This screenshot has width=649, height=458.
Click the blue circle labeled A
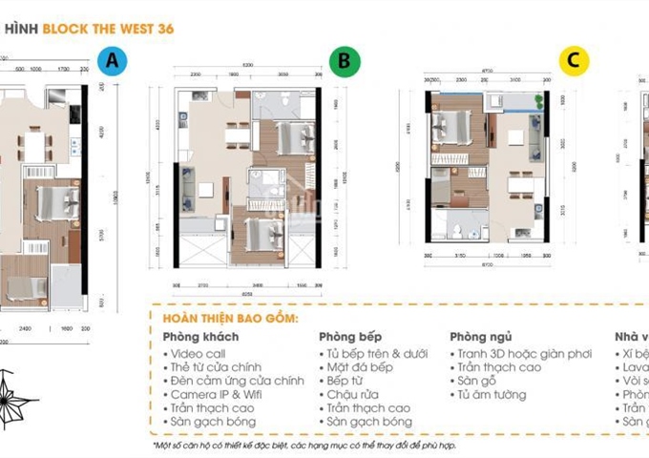tap(113, 62)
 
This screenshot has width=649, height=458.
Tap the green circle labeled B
tap(345, 62)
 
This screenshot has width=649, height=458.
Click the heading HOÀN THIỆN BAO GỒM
tap(230, 318)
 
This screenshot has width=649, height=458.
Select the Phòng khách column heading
tap(200, 337)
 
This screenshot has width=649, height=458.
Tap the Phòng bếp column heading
tap(351, 337)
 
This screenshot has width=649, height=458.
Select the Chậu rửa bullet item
tap(354, 394)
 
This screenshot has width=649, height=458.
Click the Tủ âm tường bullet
tap(492, 394)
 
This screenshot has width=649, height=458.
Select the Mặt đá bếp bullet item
tap(360, 367)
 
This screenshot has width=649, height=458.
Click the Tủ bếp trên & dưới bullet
tap(376, 353)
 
